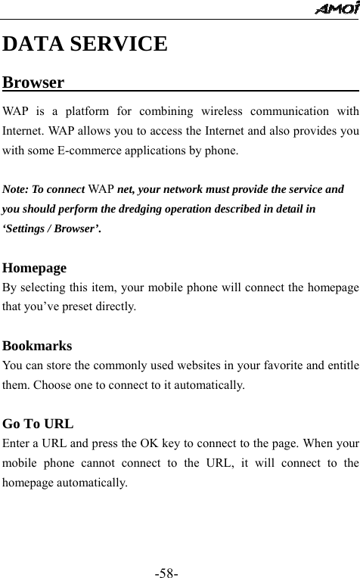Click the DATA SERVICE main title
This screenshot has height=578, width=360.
point(85,44)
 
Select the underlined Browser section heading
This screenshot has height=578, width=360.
point(33,82)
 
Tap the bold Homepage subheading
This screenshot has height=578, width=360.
point(35,268)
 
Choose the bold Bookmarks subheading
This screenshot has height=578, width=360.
point(38,346)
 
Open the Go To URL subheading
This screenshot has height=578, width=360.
point(39,424)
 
